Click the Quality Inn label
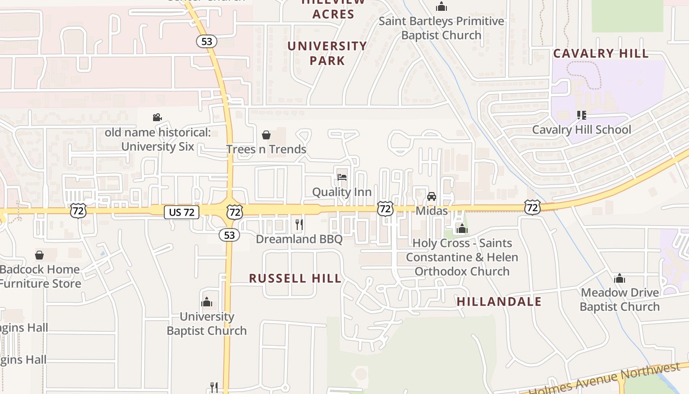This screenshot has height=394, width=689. (x=342, y=192)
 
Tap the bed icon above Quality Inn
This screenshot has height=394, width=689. (x=342, y=177)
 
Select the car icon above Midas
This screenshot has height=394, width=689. (x=432, y=197)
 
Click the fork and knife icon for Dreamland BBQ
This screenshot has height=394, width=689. (x=299, y=225)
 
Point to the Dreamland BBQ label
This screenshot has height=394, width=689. (x=299, y=239)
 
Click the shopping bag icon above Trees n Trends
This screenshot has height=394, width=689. (x=266, y=135)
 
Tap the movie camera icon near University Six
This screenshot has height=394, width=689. (x=157, y=118)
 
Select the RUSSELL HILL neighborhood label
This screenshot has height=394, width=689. (x=295, y=278)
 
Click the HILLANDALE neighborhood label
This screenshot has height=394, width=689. (x=499, y=301)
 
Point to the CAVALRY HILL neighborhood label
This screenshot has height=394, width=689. (x=601, y=54)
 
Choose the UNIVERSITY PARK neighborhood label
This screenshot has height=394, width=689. (x=327, y=53)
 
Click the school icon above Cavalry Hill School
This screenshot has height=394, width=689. (x=581, y=115)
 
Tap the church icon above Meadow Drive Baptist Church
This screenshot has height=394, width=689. (x=620, y=279)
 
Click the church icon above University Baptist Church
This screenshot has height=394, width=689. (x=207, y=302)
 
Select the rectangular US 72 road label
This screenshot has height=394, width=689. (x=182, y=212)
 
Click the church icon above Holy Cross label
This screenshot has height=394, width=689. (x=462, y=229)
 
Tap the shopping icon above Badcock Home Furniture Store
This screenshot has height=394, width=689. (x=39, y=255)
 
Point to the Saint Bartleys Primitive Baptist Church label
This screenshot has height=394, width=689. (x=441, y=28)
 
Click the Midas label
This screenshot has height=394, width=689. (x=432, y=211)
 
